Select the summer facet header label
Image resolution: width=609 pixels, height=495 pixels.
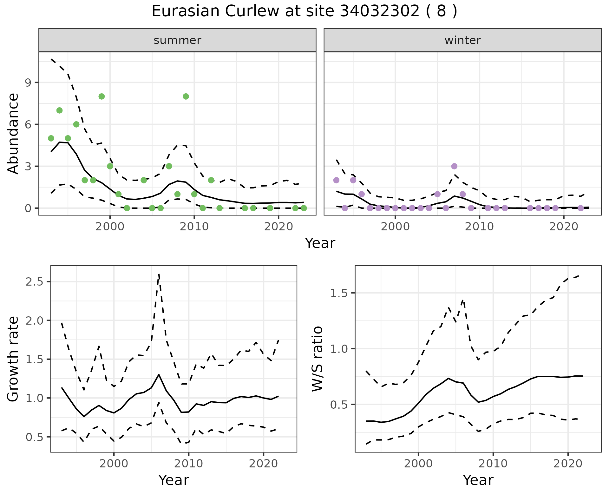tap(177, 40)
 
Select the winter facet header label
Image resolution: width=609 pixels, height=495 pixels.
tap(462, 40)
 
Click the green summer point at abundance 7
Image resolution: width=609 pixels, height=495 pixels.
tap(59, 110)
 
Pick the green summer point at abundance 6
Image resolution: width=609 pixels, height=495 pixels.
tap(76, 124)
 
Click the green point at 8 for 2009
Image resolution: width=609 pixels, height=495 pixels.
tap(186, 96)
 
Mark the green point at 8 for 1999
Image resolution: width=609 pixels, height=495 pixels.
tap(101, 96)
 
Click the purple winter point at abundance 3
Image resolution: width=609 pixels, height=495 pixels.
tap(454, 166)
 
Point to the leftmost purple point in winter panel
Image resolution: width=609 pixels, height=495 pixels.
tap(336, 180)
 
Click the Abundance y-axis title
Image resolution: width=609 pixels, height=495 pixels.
tap(13, 133)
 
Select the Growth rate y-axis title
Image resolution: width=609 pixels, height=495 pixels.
tap(13, 359)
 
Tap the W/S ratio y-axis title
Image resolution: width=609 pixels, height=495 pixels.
tap(318, 359)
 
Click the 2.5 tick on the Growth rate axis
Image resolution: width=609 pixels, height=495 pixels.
tap(35, 282)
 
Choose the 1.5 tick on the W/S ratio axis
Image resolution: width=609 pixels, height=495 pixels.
tap(339, 293)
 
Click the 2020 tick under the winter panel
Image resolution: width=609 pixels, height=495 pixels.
tap(564, 227)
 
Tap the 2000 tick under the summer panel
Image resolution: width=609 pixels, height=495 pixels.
tap(110, 227)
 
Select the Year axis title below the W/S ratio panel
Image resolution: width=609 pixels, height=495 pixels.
tap(478, 480)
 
